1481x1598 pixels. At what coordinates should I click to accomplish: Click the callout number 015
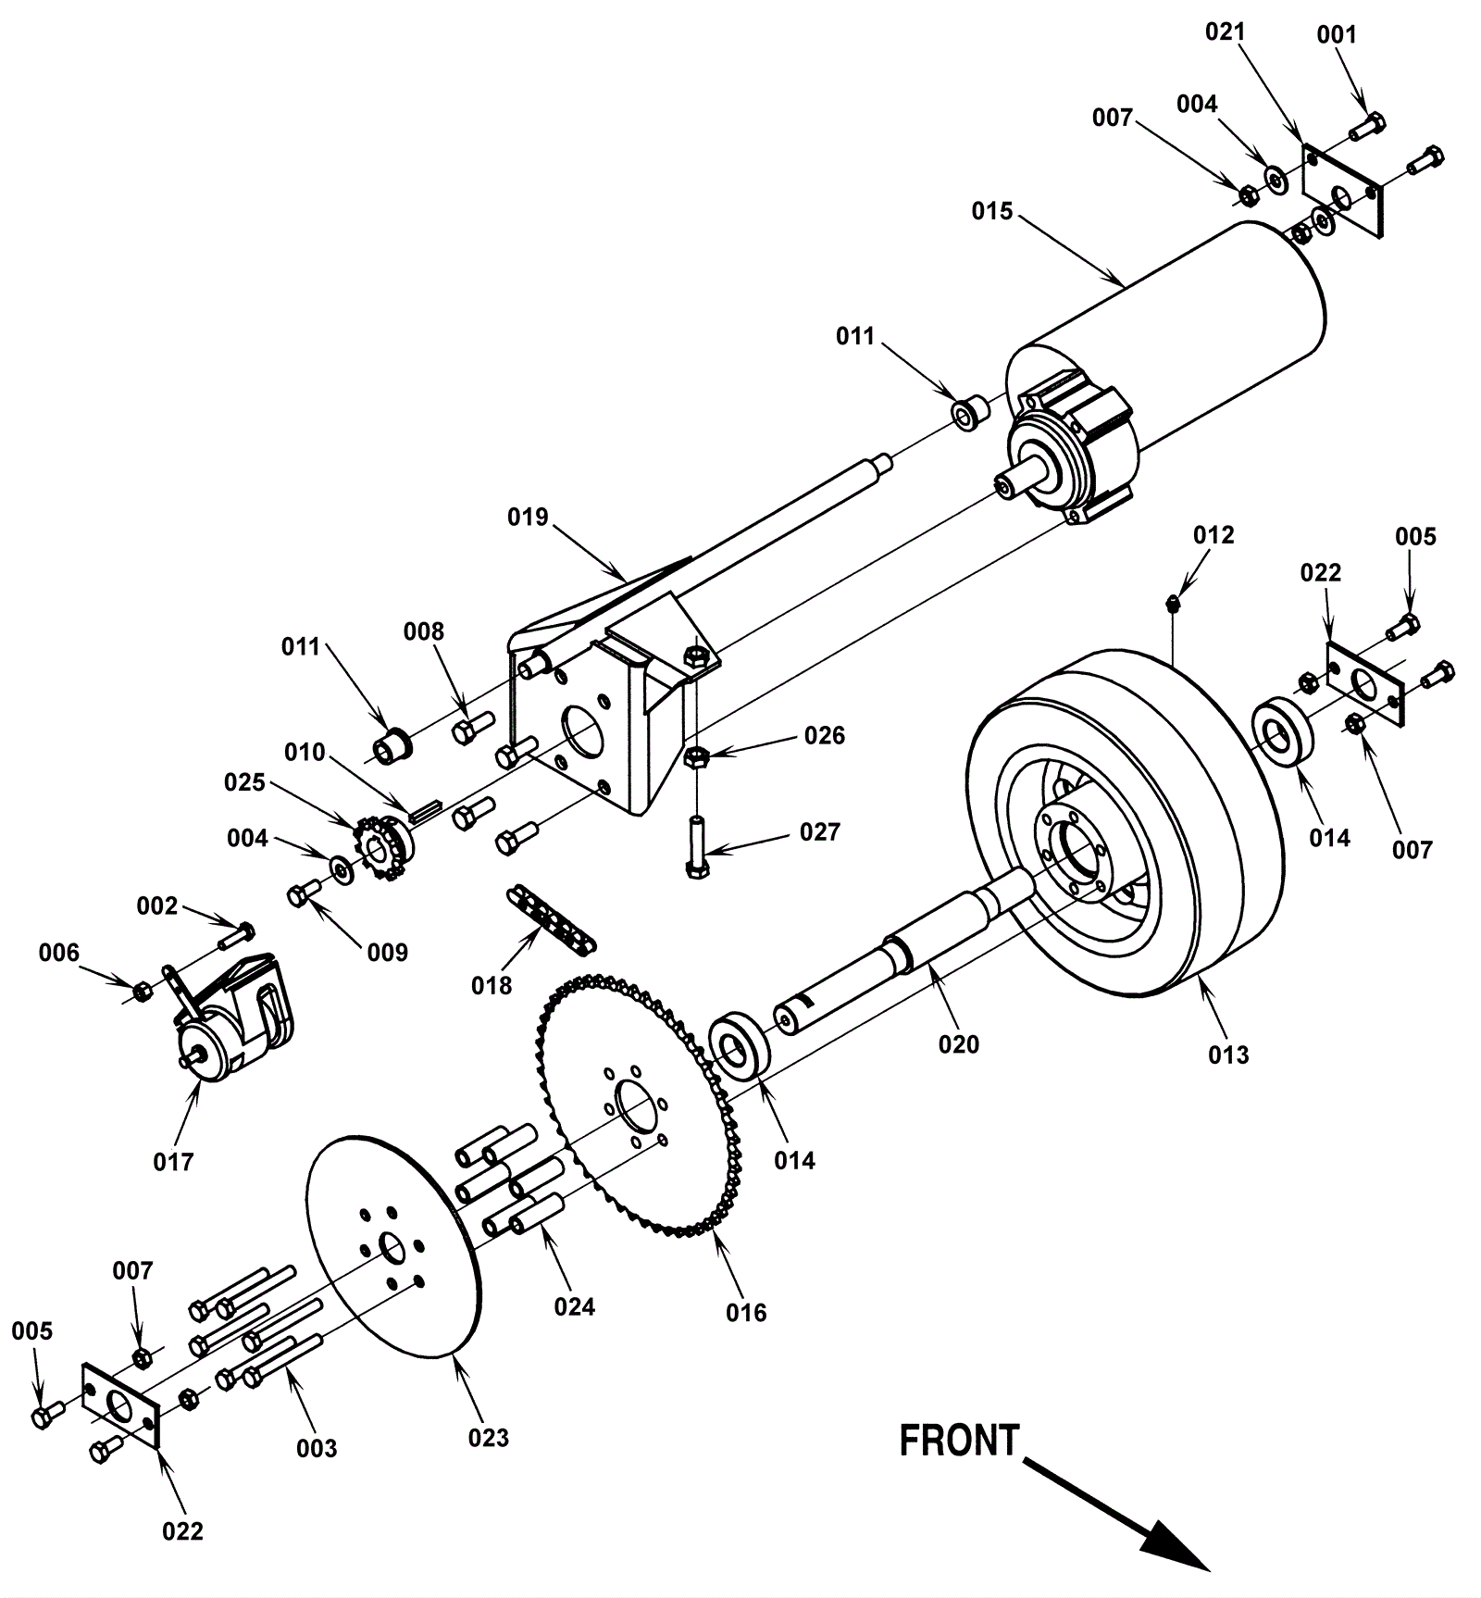point(991,211)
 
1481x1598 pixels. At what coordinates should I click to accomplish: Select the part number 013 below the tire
point(1228,1055)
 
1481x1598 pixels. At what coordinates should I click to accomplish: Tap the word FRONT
point(959,1442)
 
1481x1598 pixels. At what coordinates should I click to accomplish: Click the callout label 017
point(173,1161)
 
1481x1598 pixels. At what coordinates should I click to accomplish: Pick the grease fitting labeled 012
point(1173,604)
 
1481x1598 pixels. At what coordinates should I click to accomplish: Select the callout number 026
point(824,735)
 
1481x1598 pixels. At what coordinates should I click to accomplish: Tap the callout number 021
point(1225,31)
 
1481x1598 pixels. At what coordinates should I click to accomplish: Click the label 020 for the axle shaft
point(958,1044)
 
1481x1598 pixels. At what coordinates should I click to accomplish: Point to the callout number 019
point(528,517)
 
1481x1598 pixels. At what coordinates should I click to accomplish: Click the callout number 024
point(574,1306)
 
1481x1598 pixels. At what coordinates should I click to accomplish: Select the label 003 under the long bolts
point(317,1448)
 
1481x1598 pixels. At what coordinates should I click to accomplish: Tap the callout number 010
point(305,752)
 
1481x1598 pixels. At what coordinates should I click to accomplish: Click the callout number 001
point(1336,35)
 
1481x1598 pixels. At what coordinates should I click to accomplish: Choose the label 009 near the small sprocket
point(387,952)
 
